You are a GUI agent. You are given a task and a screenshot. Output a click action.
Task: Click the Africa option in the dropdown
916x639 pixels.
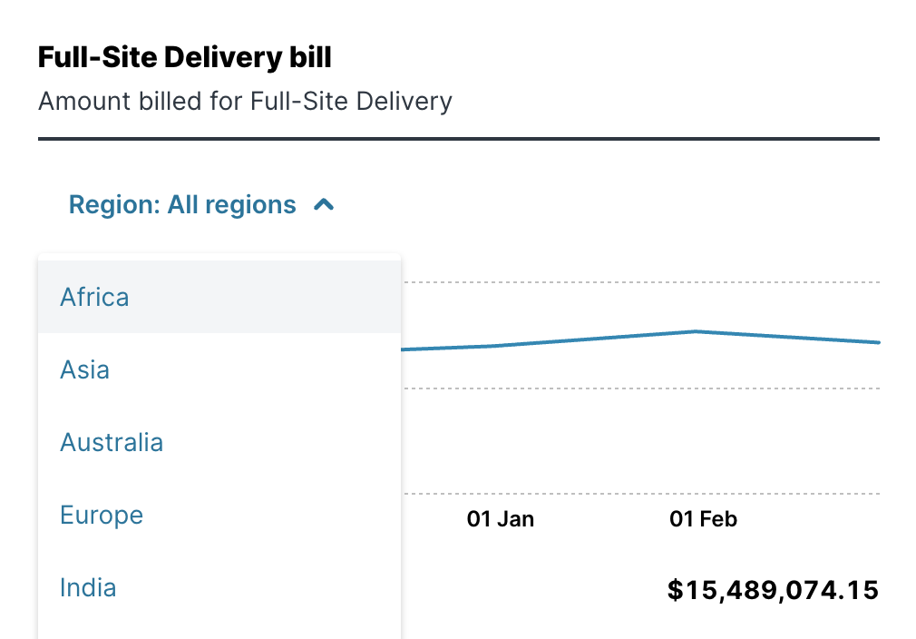tap(94, 298)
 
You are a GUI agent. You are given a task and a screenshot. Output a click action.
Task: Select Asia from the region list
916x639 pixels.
tap(84, 370)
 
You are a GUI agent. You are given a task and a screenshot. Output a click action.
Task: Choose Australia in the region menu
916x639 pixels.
tap(112, 443)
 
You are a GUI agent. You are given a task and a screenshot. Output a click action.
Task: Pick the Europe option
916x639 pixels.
tap(102, 516)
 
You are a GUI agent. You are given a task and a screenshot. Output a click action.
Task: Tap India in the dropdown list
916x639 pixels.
tap(88, 588)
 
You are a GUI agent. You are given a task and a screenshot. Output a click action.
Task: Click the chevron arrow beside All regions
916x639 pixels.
tap(324, 205)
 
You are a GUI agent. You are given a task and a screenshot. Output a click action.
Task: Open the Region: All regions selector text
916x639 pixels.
tap(182, 205)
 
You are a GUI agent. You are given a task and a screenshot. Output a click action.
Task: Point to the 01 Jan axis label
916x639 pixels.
tap(501, 519)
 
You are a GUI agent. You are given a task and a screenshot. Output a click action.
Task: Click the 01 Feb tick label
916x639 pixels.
tap(703, 519)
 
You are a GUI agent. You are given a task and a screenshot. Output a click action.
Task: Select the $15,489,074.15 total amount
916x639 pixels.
tap(773, 590)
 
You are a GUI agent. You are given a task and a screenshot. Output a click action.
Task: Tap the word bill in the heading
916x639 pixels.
tap(311, 58)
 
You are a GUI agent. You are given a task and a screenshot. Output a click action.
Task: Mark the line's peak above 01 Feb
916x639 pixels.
tap(696, 331)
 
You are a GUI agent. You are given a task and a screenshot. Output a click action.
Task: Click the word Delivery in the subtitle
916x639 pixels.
tap(404, 101)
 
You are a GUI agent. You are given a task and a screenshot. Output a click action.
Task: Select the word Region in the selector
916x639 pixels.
tap(113, 205)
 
